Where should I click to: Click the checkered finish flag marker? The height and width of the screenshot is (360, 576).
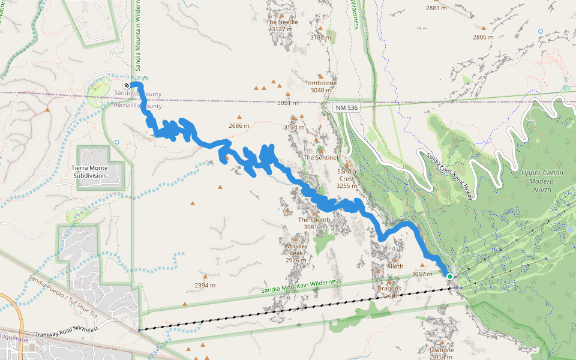[x=127, y=85]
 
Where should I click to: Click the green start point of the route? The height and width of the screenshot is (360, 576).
[x=449, y=276]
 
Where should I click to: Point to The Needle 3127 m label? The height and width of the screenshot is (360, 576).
[x=282, y=25]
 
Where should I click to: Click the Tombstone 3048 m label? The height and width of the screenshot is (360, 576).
[x=321, y=86]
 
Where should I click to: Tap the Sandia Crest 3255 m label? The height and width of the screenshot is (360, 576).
[x=347, y=178]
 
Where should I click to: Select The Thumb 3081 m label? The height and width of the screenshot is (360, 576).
[x=314, y=223]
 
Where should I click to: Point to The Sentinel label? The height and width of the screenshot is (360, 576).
[x=321, y=158]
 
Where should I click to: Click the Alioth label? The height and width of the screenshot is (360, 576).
[x=395, y=266]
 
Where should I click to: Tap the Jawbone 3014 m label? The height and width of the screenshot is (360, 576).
[x=442, y=353]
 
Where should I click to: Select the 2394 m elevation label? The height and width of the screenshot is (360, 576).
[x=205, y=286]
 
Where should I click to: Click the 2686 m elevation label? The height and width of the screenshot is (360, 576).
[x=239, y=126]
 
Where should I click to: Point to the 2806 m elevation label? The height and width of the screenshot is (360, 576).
[x=482, y=37]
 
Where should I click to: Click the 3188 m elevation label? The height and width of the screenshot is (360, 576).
[x=320, y=37]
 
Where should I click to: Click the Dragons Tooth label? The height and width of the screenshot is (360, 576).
[x=389, y=292]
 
